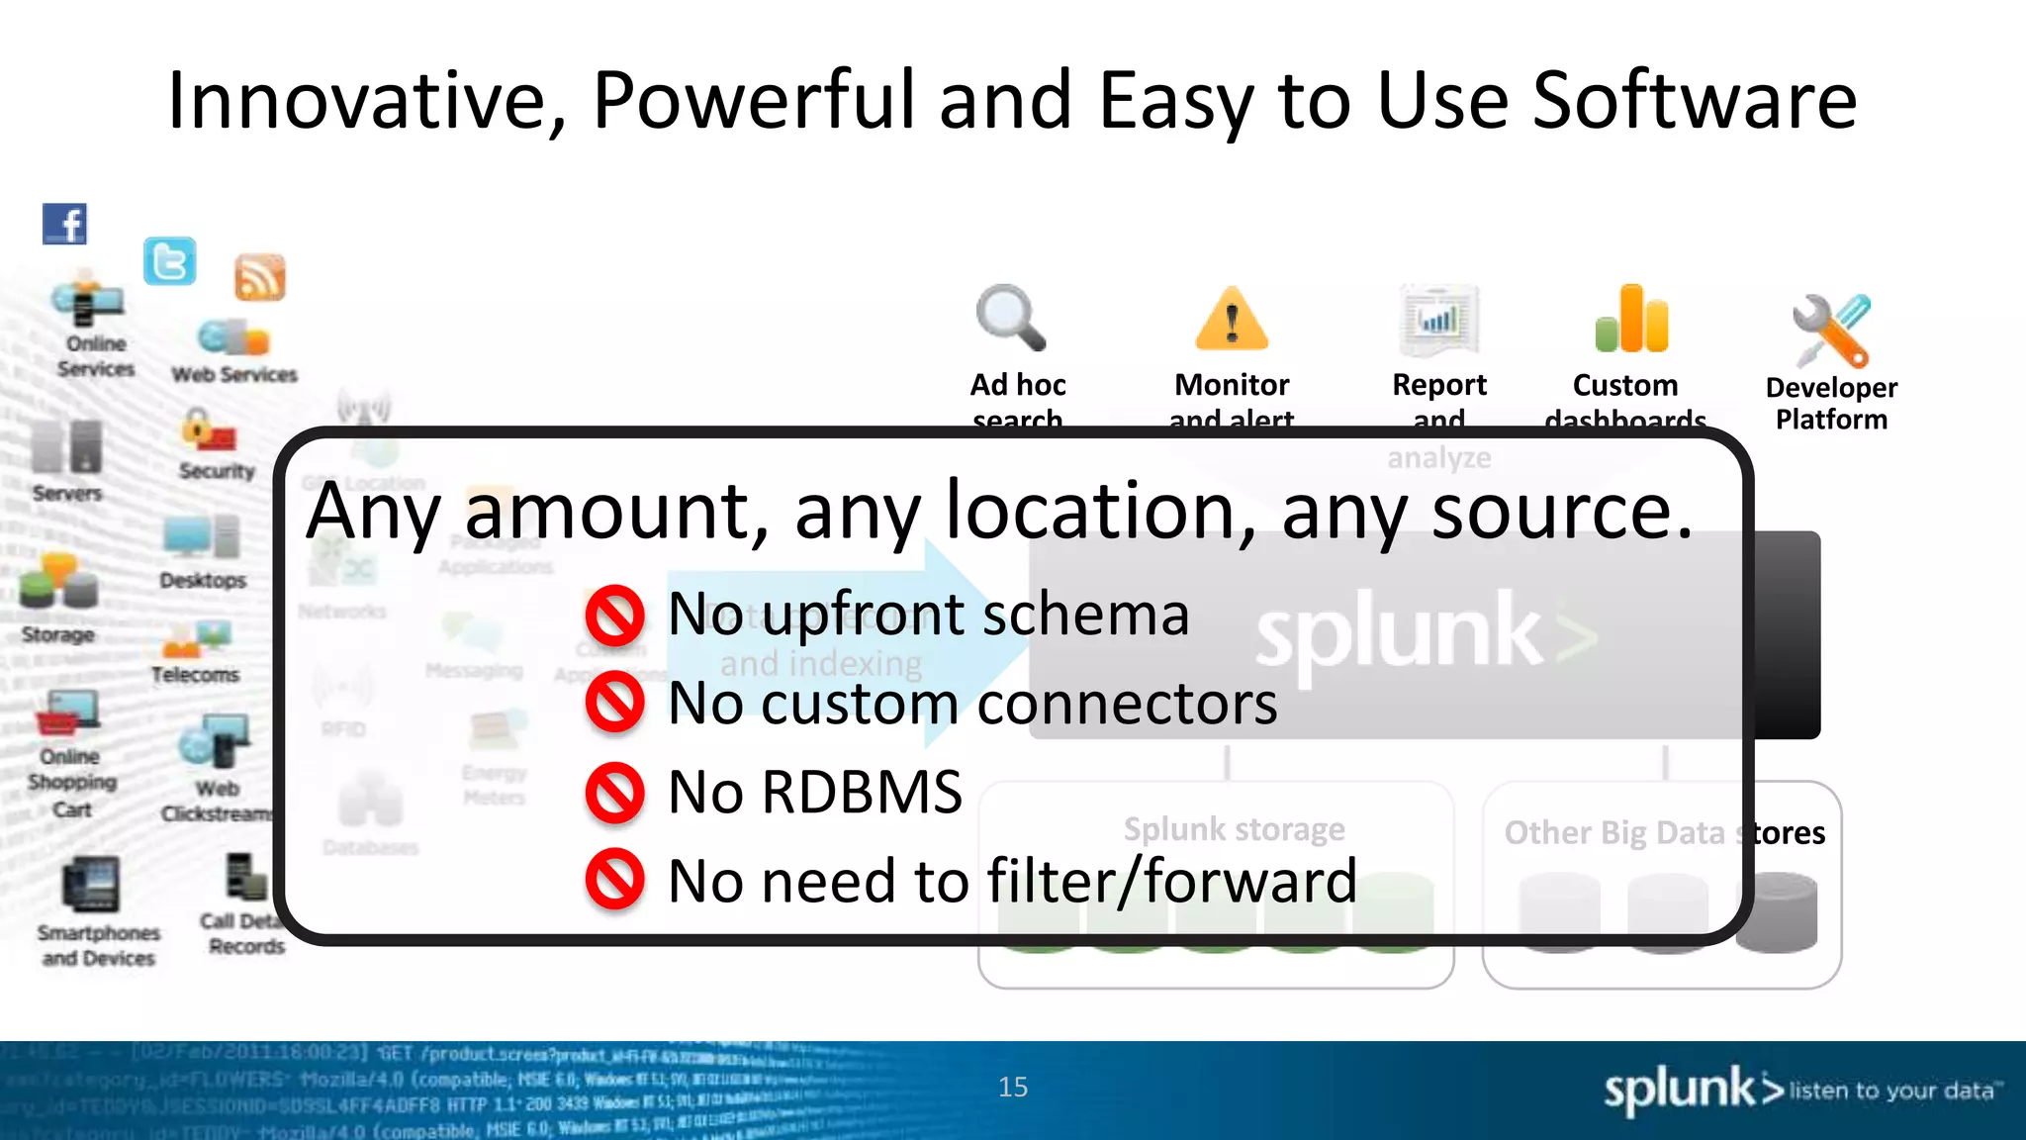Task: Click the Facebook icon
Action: (64, 224)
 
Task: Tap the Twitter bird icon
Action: (170, 261)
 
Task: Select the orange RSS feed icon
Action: (259, 277)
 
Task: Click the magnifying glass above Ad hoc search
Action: (1010, 318)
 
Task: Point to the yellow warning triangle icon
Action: (1232, 320)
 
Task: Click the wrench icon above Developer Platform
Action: (1830, 331)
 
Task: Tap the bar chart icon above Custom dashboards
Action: (1631, 320)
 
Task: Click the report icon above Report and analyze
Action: (1439, 320)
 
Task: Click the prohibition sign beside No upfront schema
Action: (614, 616)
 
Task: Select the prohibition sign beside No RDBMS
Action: (614, 793)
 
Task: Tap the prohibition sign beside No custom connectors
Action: (614, 704)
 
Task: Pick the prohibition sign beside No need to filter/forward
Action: (614, 880)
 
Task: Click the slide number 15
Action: (1013, 1088)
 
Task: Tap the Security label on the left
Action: (217, 471)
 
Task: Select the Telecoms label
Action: (195, 675)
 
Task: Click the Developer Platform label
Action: (1831, 404)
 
